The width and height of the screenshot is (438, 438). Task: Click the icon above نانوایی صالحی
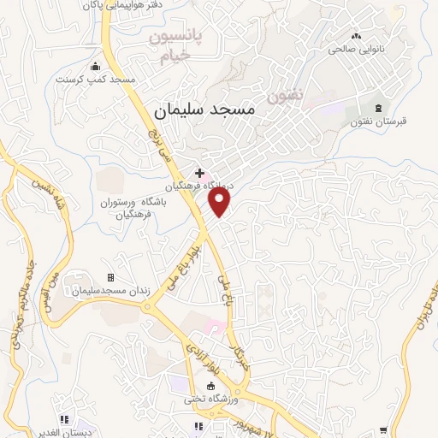(x=356, y=36)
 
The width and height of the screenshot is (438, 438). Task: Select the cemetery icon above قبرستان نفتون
(x=377, y=108)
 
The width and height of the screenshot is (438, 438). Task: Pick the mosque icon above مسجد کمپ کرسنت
(x=95, y=67)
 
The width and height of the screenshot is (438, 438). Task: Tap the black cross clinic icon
(x=199, y=173)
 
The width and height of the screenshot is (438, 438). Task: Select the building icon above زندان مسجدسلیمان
(x=110, y=277)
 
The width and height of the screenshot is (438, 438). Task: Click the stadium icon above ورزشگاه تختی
(x=211, y=386)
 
